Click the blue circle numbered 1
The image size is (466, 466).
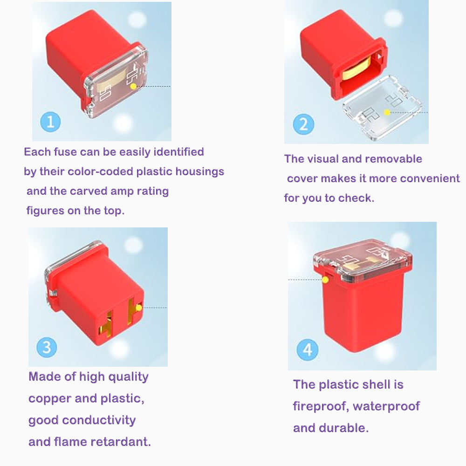pos(50,122)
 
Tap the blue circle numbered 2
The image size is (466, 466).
pos(303,124)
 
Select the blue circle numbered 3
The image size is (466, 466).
pos(47,347)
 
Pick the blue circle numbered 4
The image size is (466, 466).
pos(308,349)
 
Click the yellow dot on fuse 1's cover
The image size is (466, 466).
pos(133,86)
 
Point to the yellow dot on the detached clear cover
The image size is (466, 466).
pos(387,112)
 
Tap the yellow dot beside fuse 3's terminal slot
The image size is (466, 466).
pos(139,308)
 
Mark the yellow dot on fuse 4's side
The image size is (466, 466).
pos(325,280)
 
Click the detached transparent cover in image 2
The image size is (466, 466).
pos(383,107)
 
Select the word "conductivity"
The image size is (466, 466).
pos(99,420)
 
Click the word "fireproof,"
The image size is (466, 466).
pos(321,406)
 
